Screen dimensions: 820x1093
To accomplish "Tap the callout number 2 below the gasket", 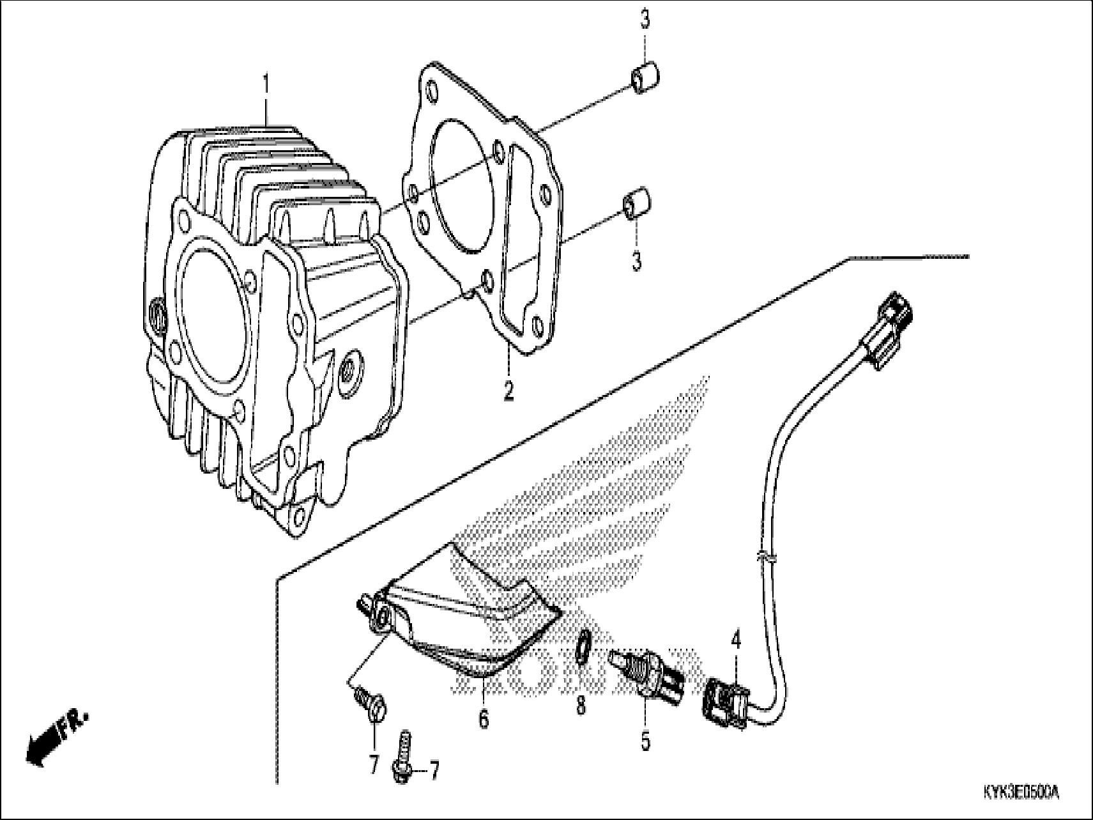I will tap(508, 391).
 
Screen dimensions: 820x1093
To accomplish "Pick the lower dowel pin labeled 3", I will tap(636, 206).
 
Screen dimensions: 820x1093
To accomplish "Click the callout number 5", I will tap(645, 741).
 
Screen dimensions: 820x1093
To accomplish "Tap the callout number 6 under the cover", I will tap(484, 718).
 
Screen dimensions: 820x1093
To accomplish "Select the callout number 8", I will tap(580, 706).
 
